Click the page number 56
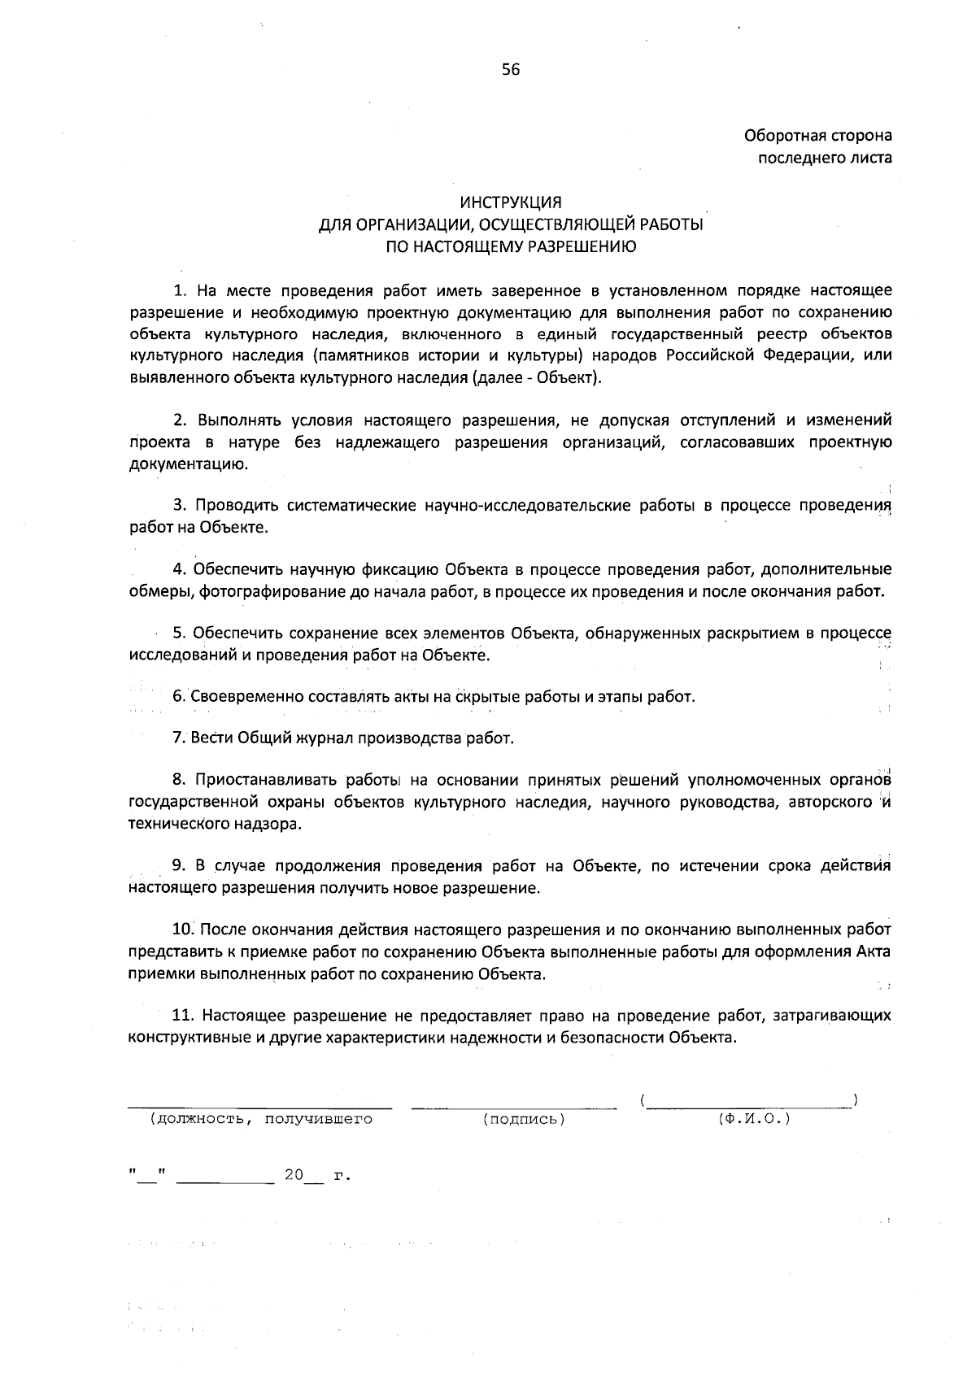point(510,70)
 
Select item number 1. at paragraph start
point(181,290)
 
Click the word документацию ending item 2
point(185,464)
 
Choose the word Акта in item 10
point(876,951)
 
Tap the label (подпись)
point(524,1120)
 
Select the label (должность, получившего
point(260,1120)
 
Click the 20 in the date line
point(293,1176)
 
